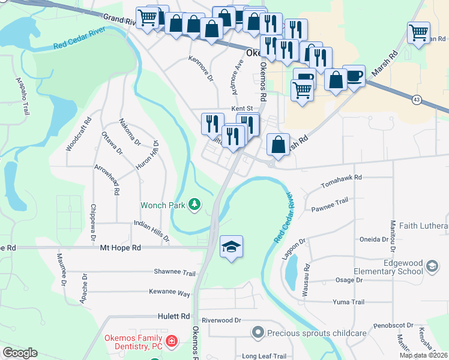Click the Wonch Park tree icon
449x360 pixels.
pyautogui.click(x=194, y=205)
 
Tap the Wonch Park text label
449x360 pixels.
pyautogui.click(x=163, y=205)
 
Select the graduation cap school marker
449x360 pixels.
pyautogui.click(x=231, y=247)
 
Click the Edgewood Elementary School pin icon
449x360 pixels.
pyautogui.click(x=432, y=265)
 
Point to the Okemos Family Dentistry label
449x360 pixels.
pyautogui.click(x=134, y=342)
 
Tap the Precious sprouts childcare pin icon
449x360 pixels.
pyautogui.click(x=258, y=332)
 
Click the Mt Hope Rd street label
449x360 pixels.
pyautogui.click(x=120, y=247)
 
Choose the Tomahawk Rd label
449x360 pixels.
pyautogui.click(x=342, y=178)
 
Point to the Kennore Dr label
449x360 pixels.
pyautogui.click(x=201, y=69)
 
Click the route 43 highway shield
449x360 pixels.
pyautogui.click(x=417, y=98)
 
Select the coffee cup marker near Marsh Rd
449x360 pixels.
pyautogui.click(x=354, y=76)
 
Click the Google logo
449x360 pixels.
pyautogui.click(x=20, y=353)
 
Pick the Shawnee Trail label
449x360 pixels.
pyautogui.click(x=175, y=272)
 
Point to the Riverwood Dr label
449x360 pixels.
pyautogui.click(x=221, y=320)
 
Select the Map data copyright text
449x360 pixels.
pyautogui.click(x=423, y=355)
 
